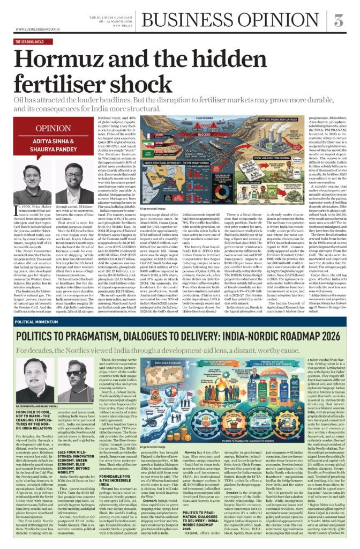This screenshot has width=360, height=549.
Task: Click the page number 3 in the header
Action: point(338,20)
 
